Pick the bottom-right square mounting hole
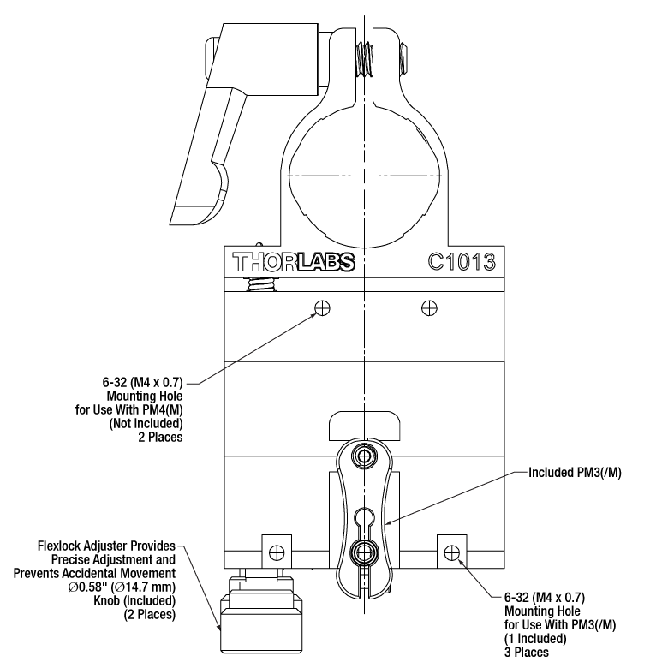452,549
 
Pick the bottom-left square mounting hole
276,550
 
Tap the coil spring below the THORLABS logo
256,284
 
